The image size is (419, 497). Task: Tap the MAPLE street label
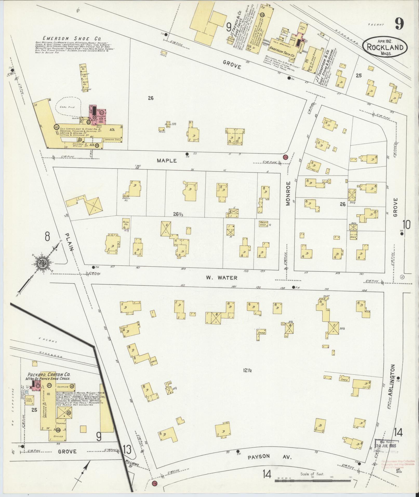167,161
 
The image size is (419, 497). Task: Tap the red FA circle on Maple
285,157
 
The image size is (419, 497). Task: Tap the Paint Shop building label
264,223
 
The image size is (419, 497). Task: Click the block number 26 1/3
178,214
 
